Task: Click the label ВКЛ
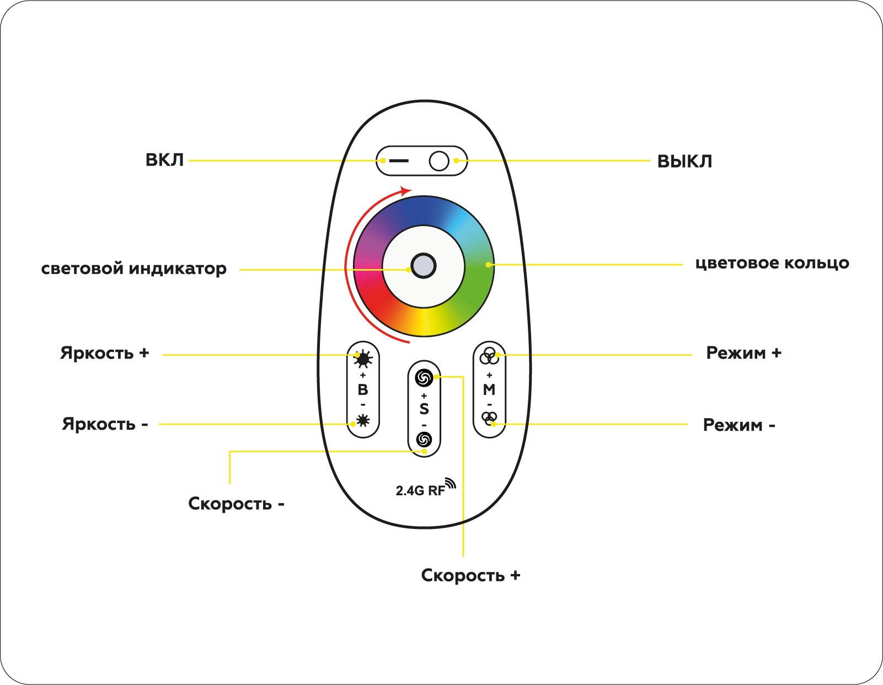click(164, 160)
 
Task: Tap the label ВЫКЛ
click(684, 162)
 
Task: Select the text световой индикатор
click(133, 269)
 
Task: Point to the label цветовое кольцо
click(772, 263)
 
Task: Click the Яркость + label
click(105, 353)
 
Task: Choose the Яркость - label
click(105, 424)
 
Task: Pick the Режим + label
click(743, 353)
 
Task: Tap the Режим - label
click(739, 425)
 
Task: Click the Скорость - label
click(236, 504)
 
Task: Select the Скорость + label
click(470, 575)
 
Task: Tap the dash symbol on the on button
click(399, 161)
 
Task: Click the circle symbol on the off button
click(439, 161)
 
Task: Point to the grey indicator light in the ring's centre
click(424, 266)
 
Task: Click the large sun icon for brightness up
click(363, 360)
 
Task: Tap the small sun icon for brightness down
click(363, 421)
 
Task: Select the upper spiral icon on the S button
click(424, 378)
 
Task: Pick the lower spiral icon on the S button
click(424, 440)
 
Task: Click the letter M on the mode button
click(489, 390)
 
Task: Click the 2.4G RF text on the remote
click(420, 490)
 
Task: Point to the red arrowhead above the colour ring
click(406, 191)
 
